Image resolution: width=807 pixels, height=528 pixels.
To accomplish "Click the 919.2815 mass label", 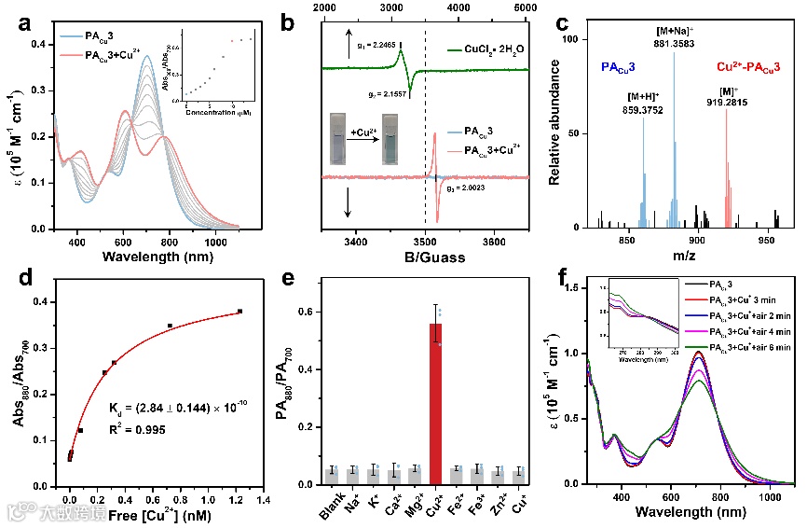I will click(x=728, y=104).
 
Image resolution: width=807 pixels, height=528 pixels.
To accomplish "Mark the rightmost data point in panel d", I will click(x=240, y=311).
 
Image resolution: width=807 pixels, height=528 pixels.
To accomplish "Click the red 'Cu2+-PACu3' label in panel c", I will click(x=748, y=67).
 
